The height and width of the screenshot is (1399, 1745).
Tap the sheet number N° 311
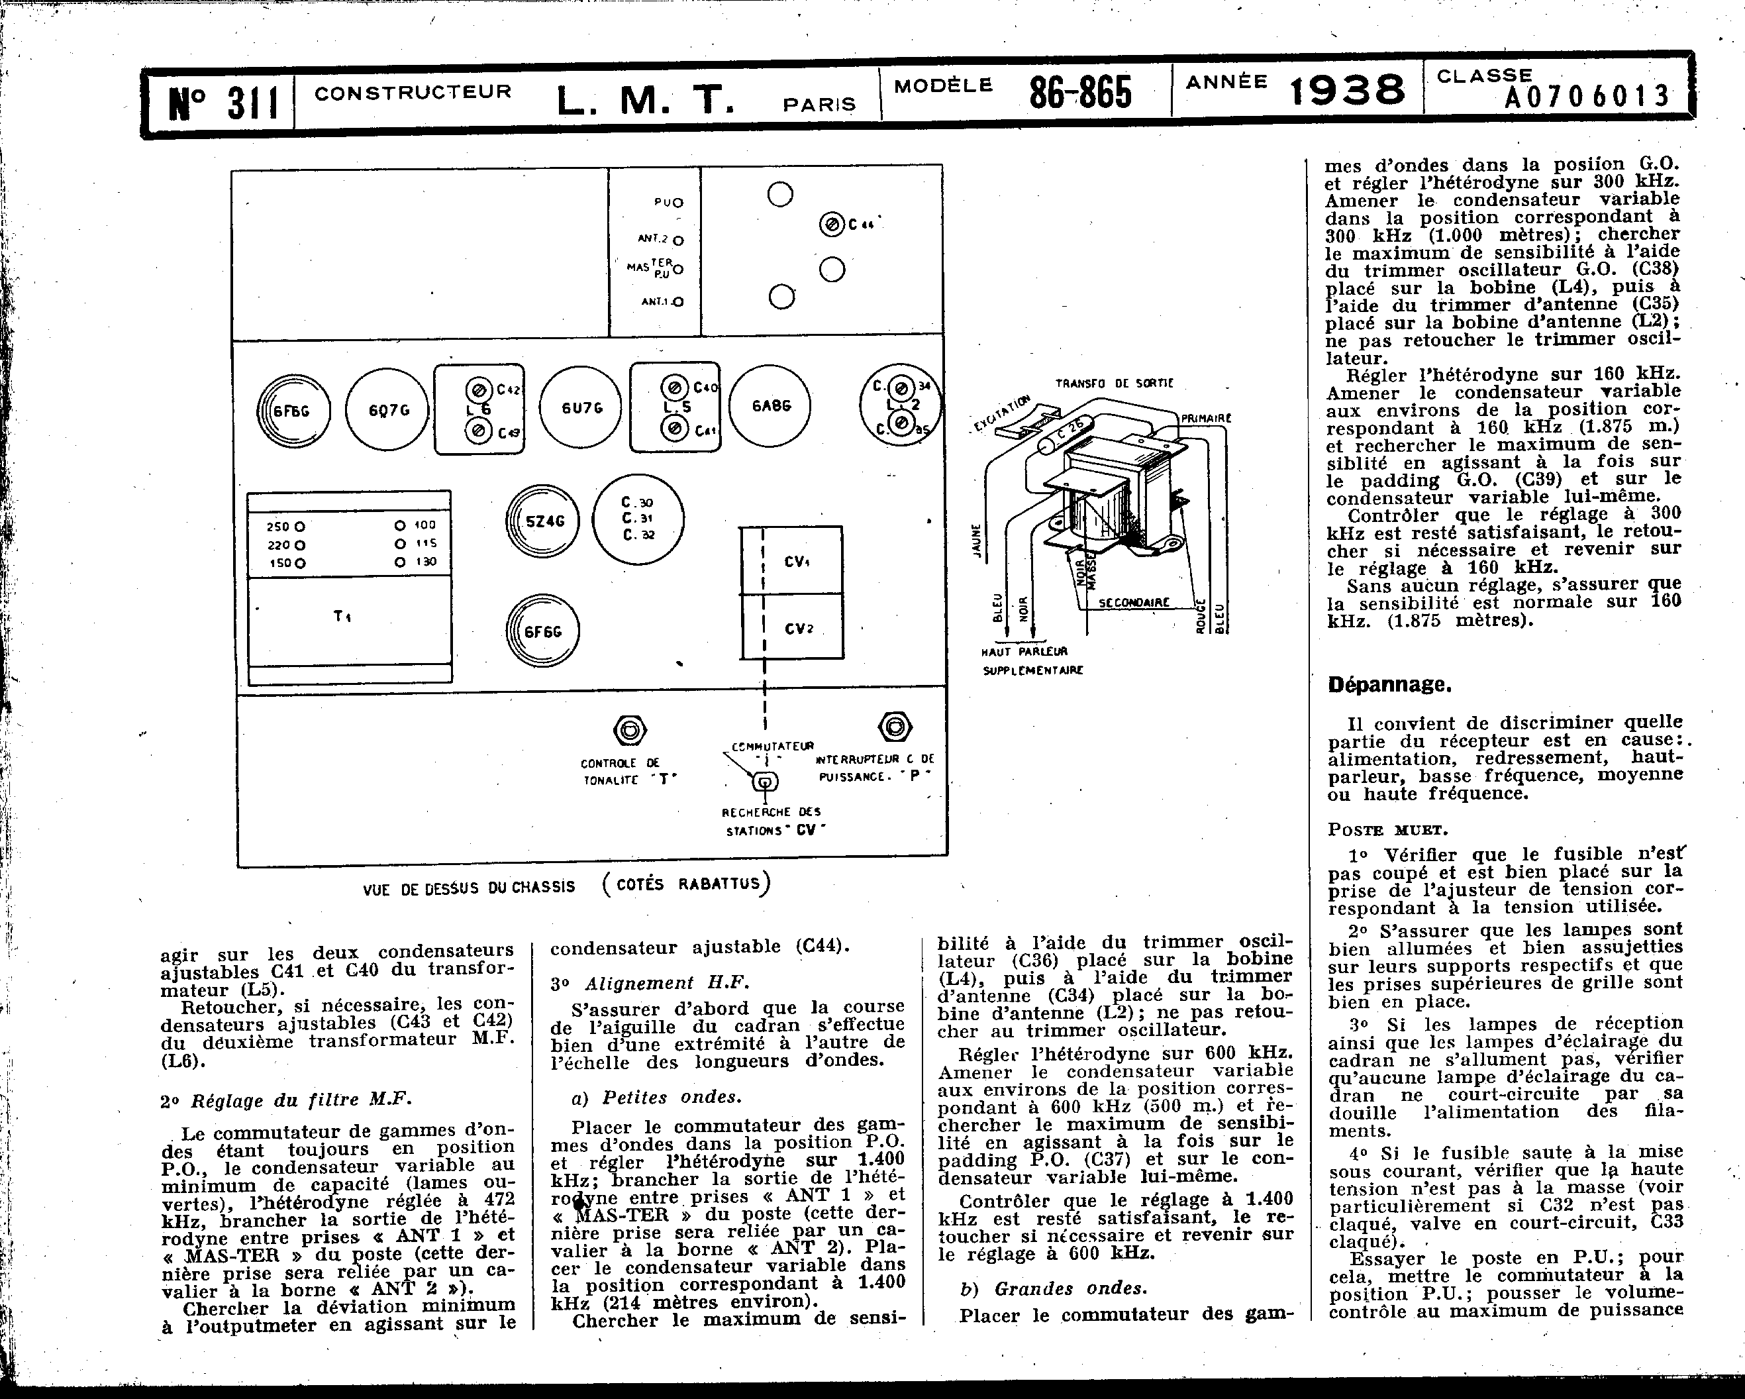(x=223, y=103)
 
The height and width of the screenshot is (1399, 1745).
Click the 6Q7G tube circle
(x=387, y=409)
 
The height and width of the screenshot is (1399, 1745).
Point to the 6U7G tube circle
(x=581, y=408)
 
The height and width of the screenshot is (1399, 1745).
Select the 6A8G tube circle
(x=770, y=405)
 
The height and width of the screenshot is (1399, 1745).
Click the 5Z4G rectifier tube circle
(x=544, y=521)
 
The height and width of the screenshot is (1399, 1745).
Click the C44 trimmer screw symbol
(x=831, y=225)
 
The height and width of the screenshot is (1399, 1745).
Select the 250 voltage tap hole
(x=300, y=526)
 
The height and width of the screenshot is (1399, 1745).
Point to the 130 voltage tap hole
(x=400, y=562)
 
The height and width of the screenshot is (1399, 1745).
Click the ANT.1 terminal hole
(x=677, y=302)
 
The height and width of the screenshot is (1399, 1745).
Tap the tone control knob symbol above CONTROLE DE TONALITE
(x=629, y=730)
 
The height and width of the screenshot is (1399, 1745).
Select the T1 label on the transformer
(x=342, y=616)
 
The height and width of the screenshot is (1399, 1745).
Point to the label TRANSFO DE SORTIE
(x=1114, y=383)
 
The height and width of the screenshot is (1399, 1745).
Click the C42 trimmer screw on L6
(x=478, y=389)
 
